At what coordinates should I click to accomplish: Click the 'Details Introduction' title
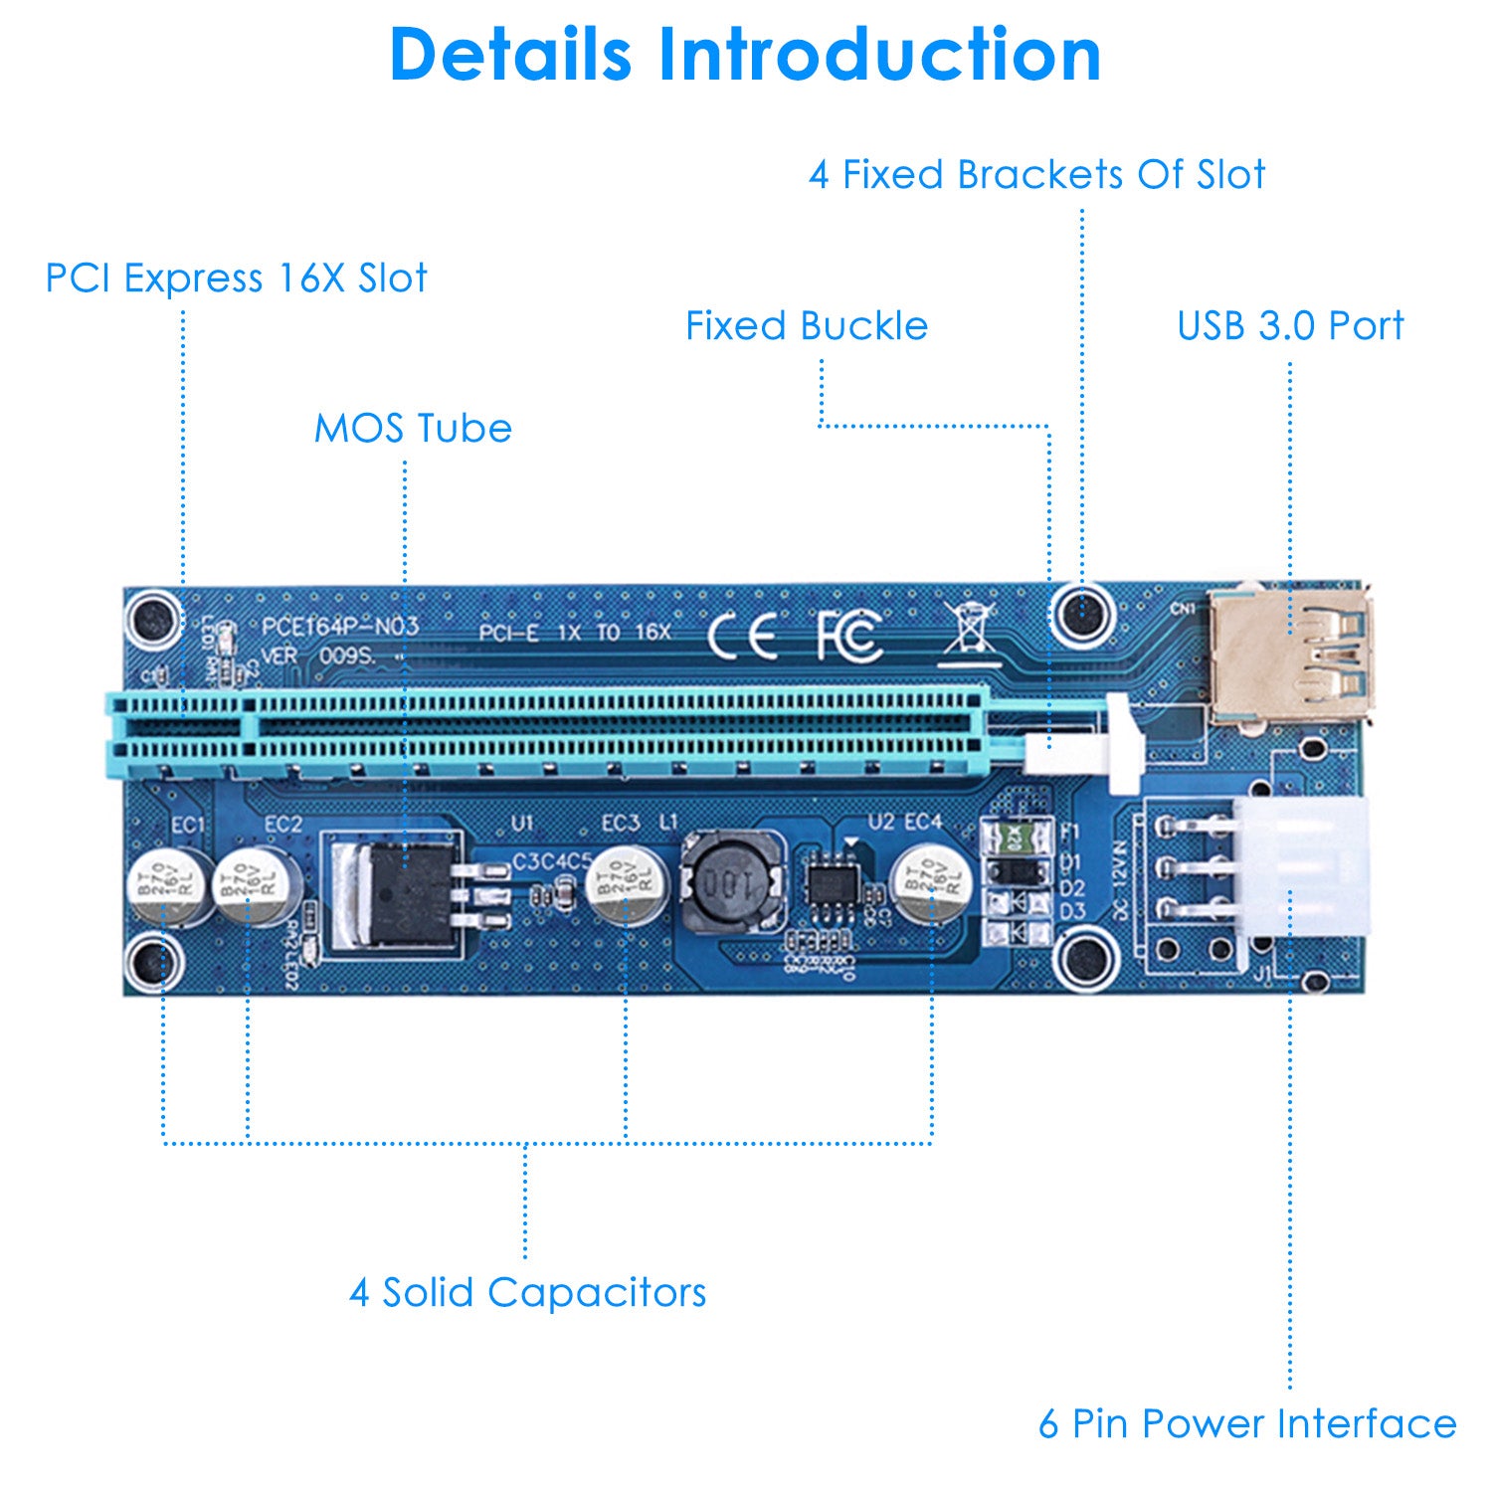point(745,54)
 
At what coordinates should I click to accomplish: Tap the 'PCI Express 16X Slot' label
point(236,279)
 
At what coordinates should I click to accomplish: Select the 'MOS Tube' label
point(413,429)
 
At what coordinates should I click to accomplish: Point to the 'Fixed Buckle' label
point(807,326)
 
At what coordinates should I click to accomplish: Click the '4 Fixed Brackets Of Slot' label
point(1036,175)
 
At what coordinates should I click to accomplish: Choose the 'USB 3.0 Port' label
point(1290,326)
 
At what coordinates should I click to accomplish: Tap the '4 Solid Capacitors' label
point(527,1293)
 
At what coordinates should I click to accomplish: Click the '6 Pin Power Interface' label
point(1247,1423)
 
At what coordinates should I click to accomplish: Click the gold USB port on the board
point(1291,656)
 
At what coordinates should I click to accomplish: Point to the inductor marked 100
point(729,881)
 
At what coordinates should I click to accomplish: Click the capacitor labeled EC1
point(167,885)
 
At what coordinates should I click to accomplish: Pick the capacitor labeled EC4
point(930,883)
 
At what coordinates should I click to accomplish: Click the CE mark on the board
point(742,636)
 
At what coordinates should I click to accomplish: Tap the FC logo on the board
point(848,636)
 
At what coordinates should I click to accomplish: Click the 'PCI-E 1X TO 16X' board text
point(574,633)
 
